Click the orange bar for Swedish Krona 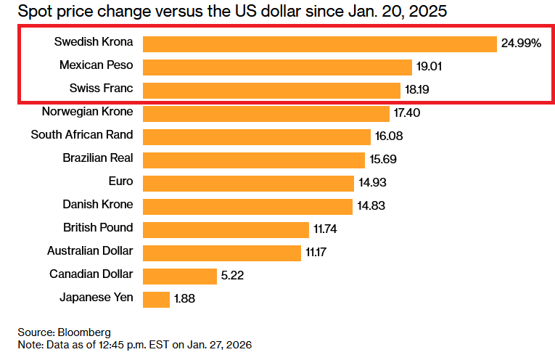click(319, 44)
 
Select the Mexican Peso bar click(277, 67)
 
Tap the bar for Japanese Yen click(156, 298)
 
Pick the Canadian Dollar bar click(180, 276)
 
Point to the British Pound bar click(226, 229)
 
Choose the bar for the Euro click(248, 182)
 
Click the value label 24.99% click(521, 44)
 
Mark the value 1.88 click(185, 298)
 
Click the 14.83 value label click(370, 206)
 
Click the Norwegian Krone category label click(87, 112)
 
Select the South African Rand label click(82, 135)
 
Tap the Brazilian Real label click(97, 158)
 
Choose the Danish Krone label click(97, 205)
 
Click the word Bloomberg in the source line click(86, 332)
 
